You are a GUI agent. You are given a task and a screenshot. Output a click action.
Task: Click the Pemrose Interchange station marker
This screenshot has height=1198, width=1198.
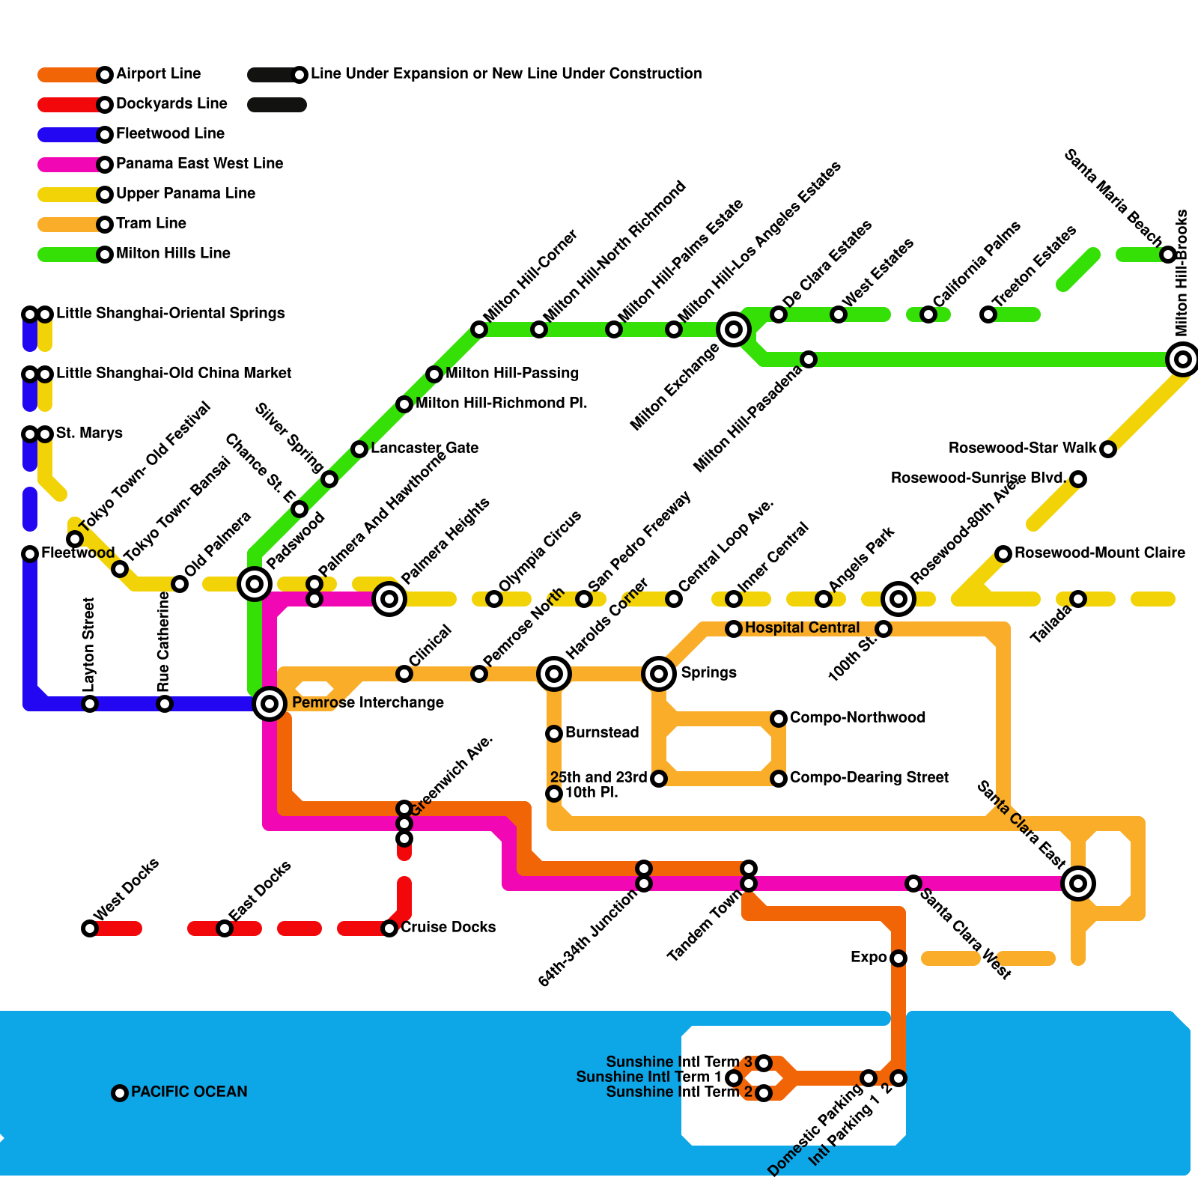[270, 703]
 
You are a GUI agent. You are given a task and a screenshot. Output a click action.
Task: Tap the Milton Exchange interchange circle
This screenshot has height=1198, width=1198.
[734, 329]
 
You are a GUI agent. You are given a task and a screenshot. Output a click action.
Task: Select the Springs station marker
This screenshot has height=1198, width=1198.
[659, 673]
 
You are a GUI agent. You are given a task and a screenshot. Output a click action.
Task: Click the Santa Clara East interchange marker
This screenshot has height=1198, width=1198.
[1078, 884]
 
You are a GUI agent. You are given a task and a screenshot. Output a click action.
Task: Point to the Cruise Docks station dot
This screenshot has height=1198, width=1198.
[389, 928]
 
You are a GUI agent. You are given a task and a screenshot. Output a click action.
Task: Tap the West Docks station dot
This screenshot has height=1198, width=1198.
[90, 928]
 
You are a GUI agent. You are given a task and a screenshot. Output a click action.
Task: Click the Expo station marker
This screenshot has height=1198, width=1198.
[898, 958]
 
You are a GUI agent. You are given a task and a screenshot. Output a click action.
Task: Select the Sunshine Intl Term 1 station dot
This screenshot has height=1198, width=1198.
[734, 1077]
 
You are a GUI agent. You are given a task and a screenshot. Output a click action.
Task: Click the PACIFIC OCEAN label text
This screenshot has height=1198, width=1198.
[189, 1092]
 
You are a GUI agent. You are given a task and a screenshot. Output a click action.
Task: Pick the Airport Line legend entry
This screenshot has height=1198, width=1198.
[158, 73]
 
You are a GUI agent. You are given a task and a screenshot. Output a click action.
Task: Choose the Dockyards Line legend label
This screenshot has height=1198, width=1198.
[171, 103]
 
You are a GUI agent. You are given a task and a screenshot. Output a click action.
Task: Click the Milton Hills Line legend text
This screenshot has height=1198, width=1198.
[173, 253]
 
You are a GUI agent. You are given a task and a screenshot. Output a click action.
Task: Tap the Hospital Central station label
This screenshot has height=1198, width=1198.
[802, 627]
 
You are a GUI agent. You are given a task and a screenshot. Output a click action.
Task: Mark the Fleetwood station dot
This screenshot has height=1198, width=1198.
[30, 553]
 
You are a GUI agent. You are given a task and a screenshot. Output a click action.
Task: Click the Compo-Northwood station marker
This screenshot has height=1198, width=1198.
[779, 718]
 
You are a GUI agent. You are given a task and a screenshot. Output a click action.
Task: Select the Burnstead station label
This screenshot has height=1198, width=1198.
[602, 732]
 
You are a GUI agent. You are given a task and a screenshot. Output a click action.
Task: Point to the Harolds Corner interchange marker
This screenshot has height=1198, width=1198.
[554, 673]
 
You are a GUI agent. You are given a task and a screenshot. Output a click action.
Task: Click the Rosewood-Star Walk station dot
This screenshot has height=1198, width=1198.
[1108, 449]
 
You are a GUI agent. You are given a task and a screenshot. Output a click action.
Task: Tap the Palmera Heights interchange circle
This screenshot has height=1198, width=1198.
[389, 598]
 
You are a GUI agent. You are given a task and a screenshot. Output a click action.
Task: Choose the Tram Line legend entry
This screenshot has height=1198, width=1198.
[150, 223]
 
